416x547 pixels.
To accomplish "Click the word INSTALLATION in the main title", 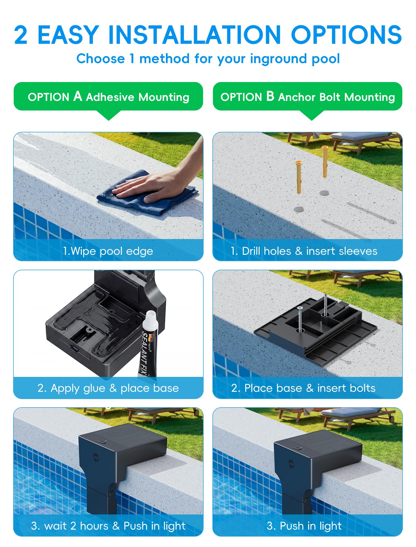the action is point(195,34).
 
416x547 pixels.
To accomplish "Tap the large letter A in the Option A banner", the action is point(78,96).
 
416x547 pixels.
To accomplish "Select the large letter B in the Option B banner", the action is point(270,96).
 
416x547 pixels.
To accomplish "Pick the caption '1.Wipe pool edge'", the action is point(108,251).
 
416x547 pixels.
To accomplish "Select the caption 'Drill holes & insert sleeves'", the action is point(310,251).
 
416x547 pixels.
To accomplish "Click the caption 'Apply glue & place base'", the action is point(115,388).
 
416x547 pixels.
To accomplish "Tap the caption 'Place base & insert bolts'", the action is point(310,388).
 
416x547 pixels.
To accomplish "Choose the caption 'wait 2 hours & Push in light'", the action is point(115,526).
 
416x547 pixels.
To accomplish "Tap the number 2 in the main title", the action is point(21,34).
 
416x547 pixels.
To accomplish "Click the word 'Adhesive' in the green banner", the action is point(110,97).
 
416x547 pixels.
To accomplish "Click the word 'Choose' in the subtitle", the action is point(100,59).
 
